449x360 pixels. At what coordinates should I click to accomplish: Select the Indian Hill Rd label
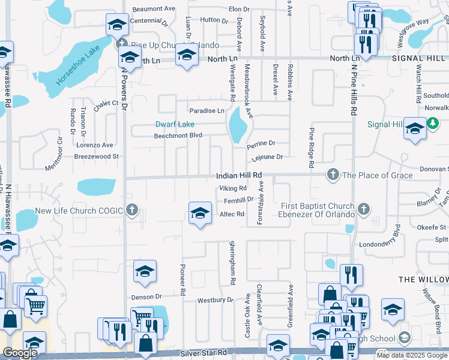click(240, 175)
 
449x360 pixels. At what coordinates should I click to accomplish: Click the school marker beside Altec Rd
click(200, 212)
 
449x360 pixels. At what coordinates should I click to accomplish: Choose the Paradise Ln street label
click(206, 111)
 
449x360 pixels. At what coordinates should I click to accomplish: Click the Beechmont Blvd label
click(178, 136)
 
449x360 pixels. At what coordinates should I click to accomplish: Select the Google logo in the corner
click(20, 353)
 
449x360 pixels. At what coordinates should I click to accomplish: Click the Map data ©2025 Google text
click(412, 355)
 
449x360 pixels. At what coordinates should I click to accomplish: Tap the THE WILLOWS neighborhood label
click(424, 280)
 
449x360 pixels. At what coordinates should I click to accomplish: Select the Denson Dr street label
click(146, 296)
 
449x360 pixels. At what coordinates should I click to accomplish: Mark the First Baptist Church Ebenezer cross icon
click(363, 210)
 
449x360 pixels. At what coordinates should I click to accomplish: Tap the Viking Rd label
click(233, 188)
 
